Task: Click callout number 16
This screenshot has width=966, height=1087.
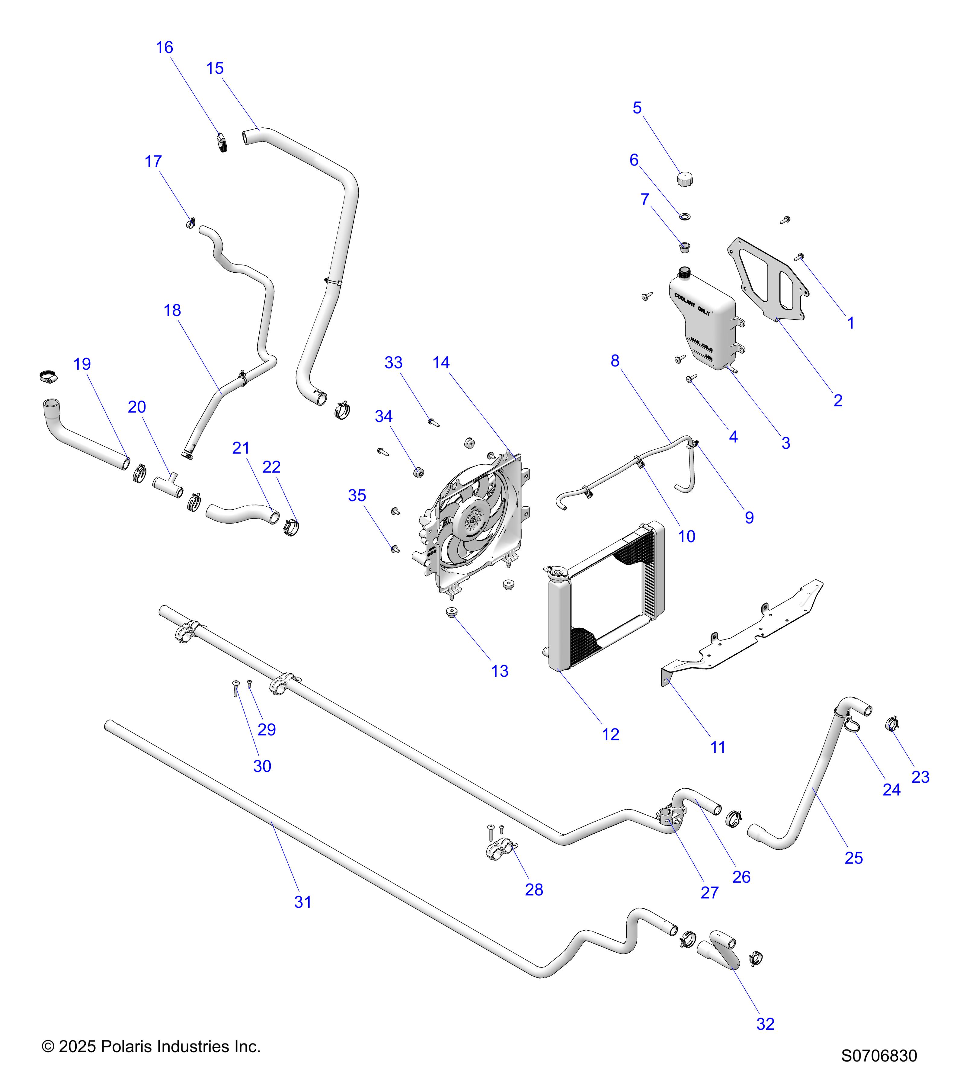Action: (x=164, y=47)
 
